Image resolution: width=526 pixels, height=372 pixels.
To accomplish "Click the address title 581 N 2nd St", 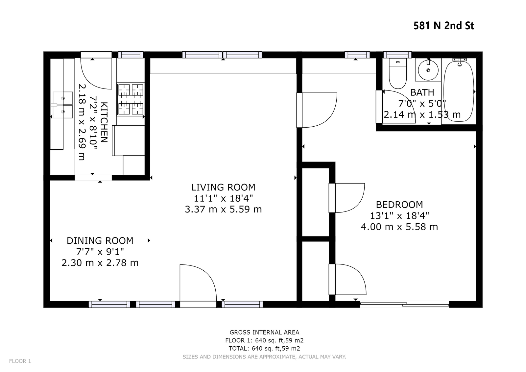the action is (443, 26).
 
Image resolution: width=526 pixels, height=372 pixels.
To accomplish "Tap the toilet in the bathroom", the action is (398, 73).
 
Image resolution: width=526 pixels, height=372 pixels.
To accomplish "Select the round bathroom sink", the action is (428, 70).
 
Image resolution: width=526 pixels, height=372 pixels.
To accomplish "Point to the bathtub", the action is (459, 90).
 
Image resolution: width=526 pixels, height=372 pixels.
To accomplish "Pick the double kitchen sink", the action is (63, 105).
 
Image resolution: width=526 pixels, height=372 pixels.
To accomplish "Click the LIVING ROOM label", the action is (223, 187).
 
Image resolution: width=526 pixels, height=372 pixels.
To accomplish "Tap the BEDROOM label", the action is (399, 205).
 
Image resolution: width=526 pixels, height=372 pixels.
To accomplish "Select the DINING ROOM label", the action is (100, 241).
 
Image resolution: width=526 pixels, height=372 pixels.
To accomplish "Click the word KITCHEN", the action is (104, 122).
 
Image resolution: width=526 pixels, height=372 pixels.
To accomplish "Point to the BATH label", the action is (422, 92).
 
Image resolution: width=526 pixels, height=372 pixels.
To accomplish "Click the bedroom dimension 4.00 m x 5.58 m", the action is (399, 227).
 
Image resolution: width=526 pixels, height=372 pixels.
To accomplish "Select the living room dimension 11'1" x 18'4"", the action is (223, 198).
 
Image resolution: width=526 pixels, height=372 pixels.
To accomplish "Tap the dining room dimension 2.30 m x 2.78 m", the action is (100, 263).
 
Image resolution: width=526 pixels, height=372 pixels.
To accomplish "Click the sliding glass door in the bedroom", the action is (404, 305).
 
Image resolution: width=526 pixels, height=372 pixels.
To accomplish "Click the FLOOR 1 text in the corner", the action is (20, 361).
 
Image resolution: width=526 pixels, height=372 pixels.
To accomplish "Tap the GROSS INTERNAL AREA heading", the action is (264, 332).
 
